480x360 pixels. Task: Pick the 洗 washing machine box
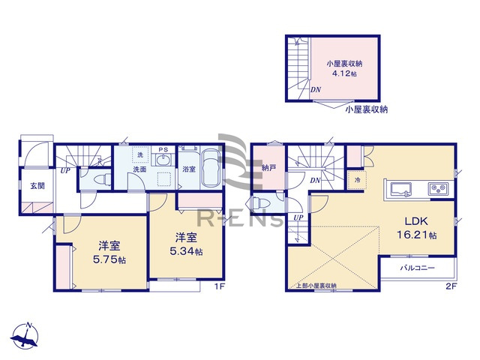(x=138, y=154)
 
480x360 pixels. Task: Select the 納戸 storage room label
(x=268, y=168)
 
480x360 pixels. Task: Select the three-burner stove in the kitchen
(x=437, y=188)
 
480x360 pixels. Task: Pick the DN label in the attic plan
(x=316, y=90)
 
